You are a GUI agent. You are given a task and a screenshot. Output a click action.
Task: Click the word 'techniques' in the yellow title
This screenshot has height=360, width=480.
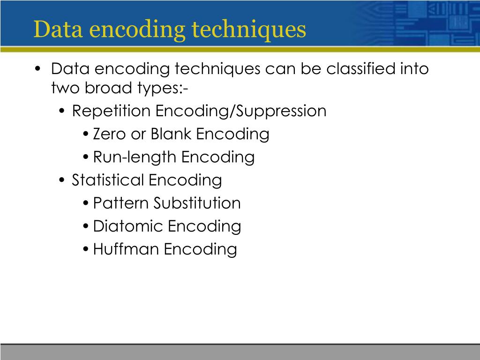click(249, 29)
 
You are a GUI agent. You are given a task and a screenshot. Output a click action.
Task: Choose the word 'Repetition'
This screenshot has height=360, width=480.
click(112, 112)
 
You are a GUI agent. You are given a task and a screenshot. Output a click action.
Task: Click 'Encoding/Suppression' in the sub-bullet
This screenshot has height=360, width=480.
click(241, 112)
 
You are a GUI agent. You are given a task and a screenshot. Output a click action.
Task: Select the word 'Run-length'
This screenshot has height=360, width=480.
click(135, 157)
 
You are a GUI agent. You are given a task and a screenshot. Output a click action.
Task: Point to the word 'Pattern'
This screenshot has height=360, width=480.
click(121, 203)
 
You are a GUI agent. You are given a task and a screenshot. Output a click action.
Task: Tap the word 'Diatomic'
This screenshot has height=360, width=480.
click(128, 226)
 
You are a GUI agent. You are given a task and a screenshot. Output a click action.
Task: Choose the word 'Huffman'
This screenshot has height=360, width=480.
click(126, 249)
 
